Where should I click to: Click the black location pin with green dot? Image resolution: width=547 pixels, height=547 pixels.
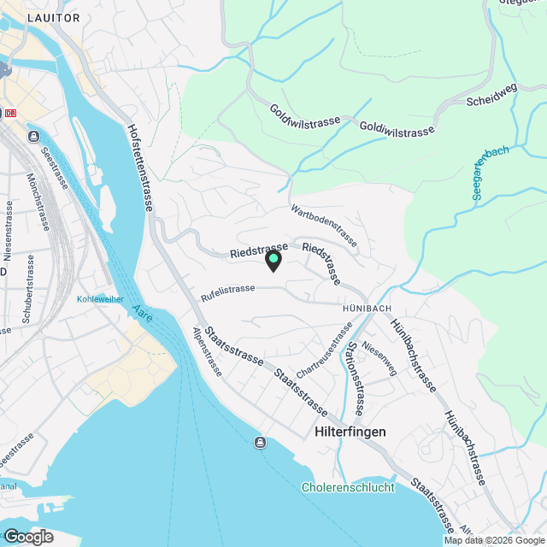tap(273, 260)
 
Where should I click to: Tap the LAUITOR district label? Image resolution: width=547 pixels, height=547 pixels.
tap(53, 17)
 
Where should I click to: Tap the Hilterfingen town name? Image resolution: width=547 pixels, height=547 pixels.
tap(350, 432)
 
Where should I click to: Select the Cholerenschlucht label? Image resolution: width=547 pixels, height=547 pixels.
tap(348, 487)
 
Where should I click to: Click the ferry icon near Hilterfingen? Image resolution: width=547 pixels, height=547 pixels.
tap(260, 442)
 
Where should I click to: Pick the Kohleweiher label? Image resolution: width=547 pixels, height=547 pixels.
tap(101, 299)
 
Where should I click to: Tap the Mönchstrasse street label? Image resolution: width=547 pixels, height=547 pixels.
tap(37, 203)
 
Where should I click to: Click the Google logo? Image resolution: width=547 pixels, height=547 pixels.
tap(27, 536)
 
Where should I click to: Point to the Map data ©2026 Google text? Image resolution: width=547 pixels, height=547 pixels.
tap(493, 540)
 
